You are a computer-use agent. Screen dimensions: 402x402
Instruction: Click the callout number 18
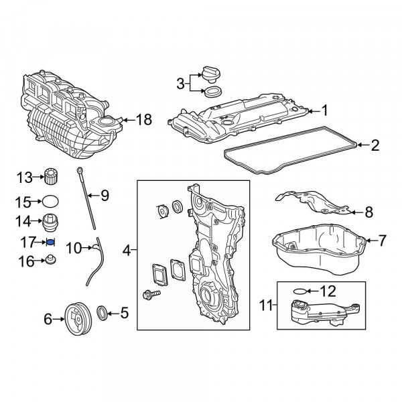coord(144,119)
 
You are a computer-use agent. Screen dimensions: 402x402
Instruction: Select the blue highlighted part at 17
coord(51,242)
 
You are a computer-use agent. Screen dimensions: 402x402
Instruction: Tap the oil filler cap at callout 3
coord(211,74)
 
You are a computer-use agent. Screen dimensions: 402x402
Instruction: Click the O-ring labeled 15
coord(50,202)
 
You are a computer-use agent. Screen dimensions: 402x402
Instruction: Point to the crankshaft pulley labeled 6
coord(78,319)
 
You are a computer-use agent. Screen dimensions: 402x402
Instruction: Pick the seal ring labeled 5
coord(102,313)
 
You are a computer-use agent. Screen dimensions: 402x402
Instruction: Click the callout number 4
coord(127,250)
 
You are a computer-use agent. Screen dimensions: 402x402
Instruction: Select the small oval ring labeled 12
coord(299,291)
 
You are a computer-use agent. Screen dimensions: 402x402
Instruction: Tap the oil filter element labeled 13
coord(51,176)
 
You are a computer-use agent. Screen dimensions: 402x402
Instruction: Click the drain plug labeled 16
coord(51,260)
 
